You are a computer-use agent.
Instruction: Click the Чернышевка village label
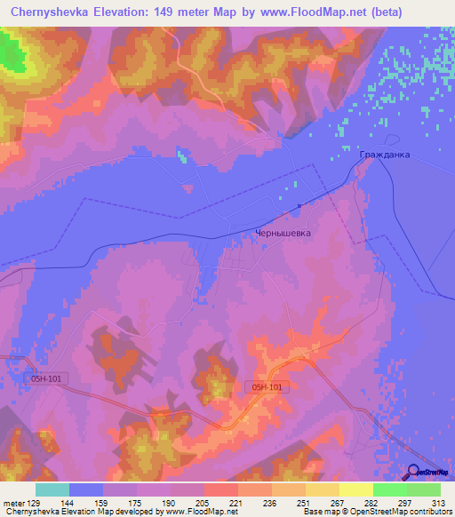point(282,235)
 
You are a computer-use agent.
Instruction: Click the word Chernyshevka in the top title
point(51,12)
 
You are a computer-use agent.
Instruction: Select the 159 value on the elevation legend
point(104,502)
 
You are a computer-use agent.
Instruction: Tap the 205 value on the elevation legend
point(204,502)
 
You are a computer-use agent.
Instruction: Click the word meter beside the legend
point(13,502)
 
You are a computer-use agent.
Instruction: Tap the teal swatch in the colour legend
point(52,489)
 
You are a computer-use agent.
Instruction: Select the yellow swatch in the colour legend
point(355,489)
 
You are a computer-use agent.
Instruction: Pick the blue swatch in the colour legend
point(86,489)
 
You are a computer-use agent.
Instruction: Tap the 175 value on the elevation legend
point(138,502)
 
